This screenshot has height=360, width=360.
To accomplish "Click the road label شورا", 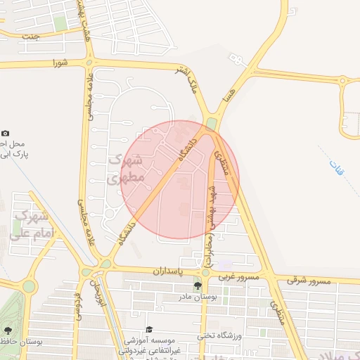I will tap(60, 63).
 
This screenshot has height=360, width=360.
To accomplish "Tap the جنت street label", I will tap(30, 35).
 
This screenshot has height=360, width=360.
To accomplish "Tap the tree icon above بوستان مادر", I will tap(198, 285).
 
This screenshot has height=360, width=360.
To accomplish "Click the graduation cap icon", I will tap(149, 329).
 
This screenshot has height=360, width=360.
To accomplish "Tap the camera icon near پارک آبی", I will tap(6, 133).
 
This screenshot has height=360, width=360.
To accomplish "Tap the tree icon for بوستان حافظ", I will tap(8, 330).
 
